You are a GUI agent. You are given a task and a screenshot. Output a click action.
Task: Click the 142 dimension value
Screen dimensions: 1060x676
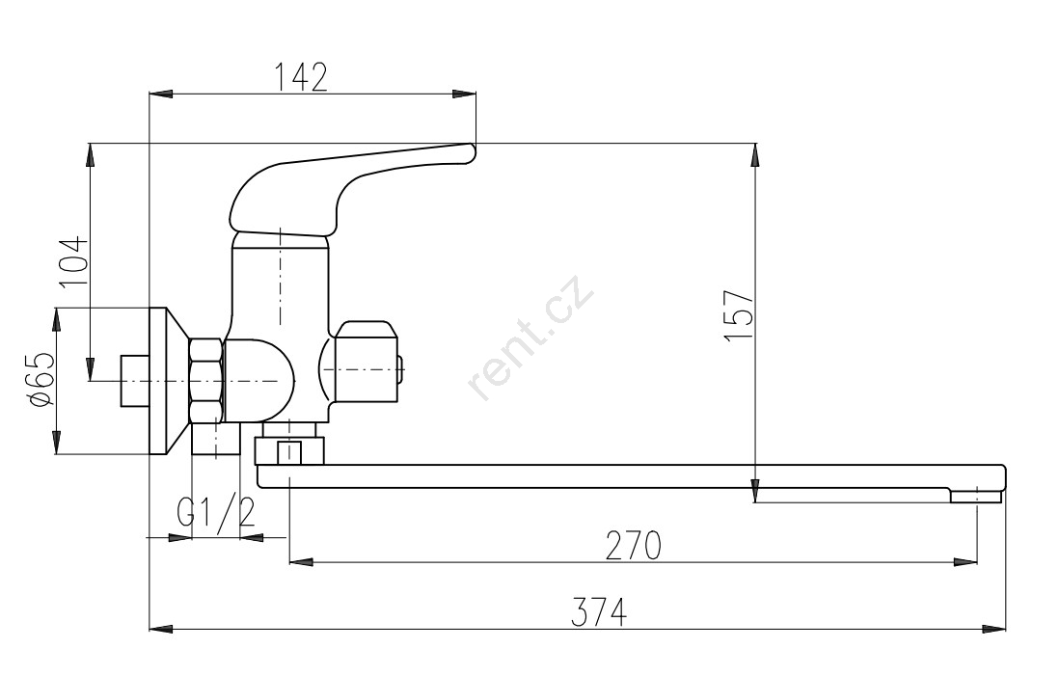[x=301, y=77]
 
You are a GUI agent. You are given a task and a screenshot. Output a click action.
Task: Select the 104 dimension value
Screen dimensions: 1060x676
[x=73, y=262]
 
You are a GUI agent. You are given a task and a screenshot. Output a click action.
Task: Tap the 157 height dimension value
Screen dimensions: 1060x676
[x=738, y=315]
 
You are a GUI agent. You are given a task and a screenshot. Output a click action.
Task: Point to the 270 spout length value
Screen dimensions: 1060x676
[x=633, y=546]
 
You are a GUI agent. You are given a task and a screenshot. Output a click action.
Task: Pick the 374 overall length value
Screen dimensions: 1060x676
[x=599, y=611]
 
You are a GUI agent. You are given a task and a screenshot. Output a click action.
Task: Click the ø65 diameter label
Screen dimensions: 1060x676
[x=41, y=379]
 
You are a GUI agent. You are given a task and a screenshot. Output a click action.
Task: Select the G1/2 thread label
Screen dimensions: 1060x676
[x=216, y=512]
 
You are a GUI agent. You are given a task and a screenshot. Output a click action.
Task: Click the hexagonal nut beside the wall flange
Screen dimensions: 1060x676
[x=206, y=381]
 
